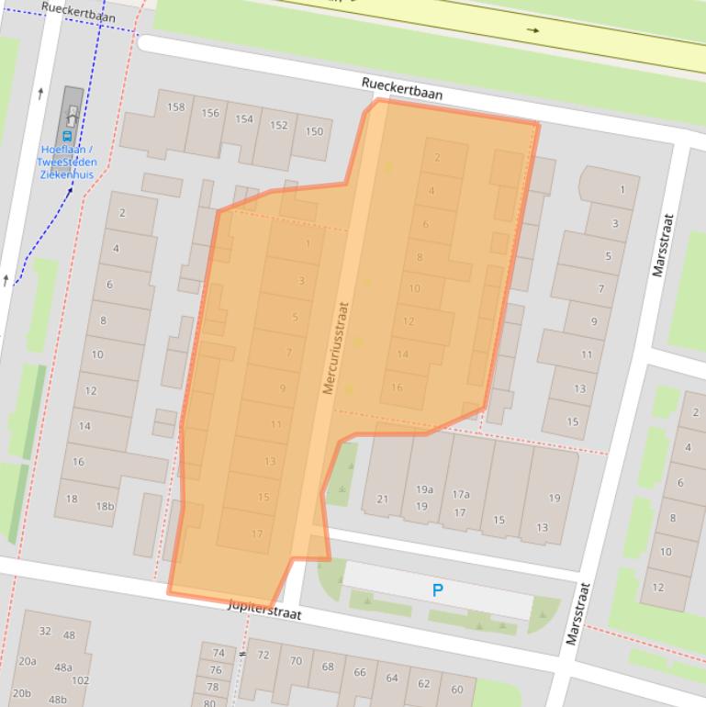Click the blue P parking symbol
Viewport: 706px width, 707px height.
(438, 591)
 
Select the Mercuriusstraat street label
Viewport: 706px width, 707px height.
(336, 349)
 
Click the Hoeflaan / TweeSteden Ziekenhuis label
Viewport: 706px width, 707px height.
(68, 163)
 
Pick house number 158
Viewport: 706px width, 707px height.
(175, 107)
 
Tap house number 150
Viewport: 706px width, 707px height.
(314, 131)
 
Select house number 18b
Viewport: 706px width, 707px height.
(106, 506)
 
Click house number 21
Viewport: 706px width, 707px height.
(383, 499)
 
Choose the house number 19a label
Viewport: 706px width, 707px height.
(423, 490)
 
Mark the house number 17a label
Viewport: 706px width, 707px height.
(460, 494)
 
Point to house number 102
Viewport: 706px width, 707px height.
(81, 680)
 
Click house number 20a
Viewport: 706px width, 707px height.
(27, 661)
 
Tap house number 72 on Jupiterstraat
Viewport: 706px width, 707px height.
(263, 656)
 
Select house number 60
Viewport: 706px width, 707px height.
(457, 690)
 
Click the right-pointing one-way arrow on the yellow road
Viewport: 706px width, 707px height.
(533, 30)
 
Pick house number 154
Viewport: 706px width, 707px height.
(244, 119)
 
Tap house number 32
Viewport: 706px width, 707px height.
(45, 632)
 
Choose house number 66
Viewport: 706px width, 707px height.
(360, 672)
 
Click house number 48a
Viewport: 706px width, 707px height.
(63, 668)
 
